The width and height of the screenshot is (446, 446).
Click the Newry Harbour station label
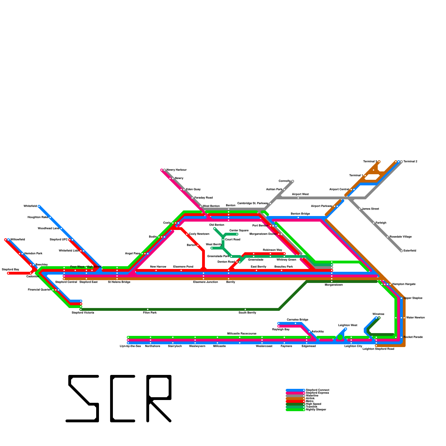tap(176, 170)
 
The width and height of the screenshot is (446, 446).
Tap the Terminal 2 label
tap(410, 162)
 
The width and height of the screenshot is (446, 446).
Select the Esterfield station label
tap(409, 251)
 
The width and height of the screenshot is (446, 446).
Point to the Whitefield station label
tap(30, 206)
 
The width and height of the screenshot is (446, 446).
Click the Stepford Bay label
tap(10, 270)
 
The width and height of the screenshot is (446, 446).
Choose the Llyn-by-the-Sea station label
tap(130, 346)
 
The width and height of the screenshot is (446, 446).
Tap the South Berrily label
tap(247, 313)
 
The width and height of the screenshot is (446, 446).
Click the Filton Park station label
tap(150, 313)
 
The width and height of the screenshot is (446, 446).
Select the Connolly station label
tap(285, 181)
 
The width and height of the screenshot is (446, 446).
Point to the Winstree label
tap(378, 314)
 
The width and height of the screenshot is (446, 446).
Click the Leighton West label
tap(348, 325)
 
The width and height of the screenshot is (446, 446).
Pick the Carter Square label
tap(239, 231)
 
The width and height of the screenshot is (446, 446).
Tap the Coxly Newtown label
tap(199, 234)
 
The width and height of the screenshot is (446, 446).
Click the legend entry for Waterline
tap(312, 396)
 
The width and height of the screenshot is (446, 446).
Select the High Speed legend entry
tap(313, 404)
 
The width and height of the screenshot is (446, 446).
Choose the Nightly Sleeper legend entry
tap(316, 410)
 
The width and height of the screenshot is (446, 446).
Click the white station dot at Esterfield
tap(401, 251)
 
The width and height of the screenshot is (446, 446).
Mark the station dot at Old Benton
tap(215, 229)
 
